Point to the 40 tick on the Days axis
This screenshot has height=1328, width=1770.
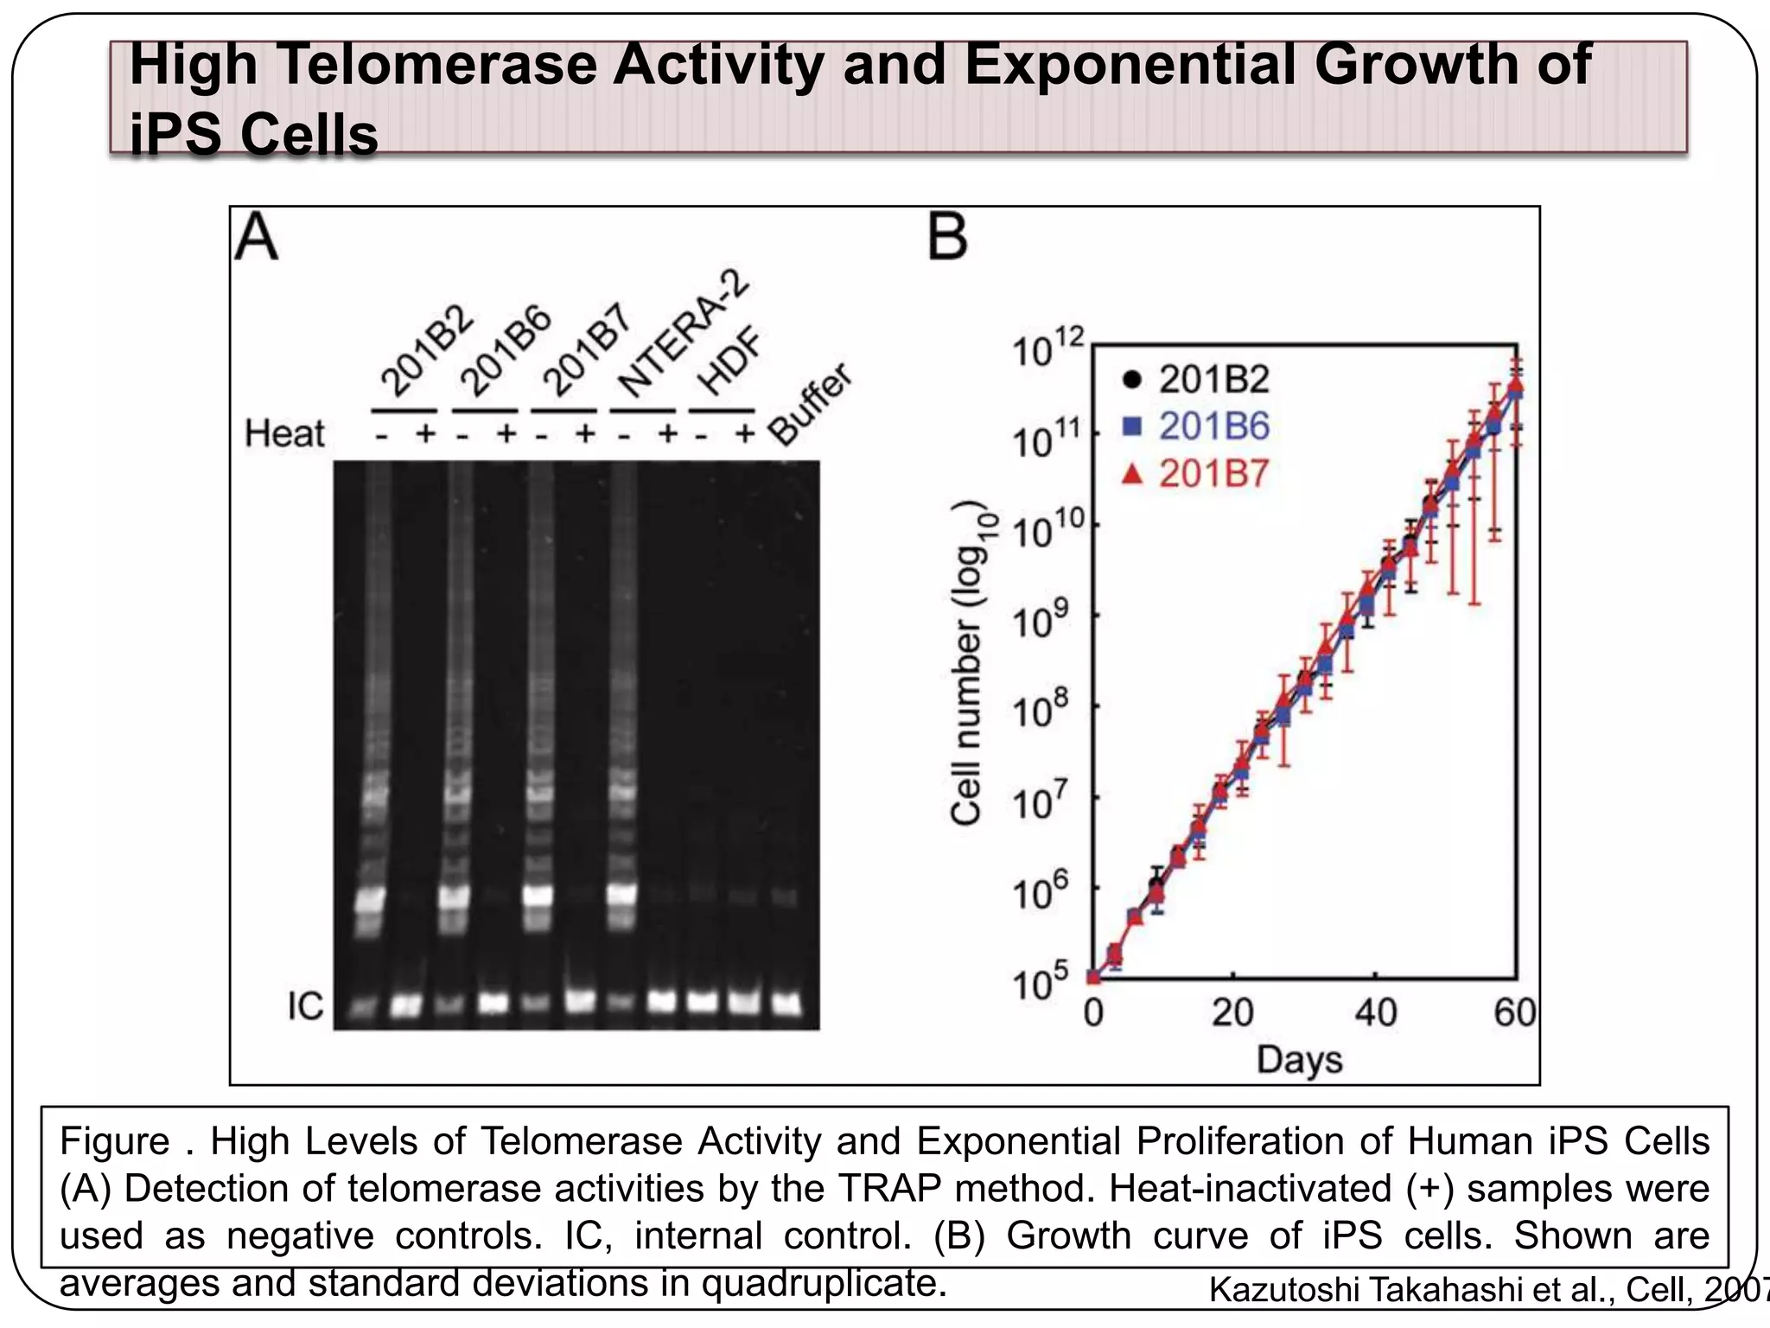(1375, 1012)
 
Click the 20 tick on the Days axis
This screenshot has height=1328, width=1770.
(1232, 1012)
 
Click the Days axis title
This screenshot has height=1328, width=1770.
(1299, 1059)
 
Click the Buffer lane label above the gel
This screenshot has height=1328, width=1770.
(810, 405)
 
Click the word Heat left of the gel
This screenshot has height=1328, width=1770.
(284, 433)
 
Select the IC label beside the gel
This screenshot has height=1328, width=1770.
(305, 1006)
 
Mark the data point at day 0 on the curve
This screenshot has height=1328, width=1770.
(1093, 977)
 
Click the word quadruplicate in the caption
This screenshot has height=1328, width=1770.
(824, 1283)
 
